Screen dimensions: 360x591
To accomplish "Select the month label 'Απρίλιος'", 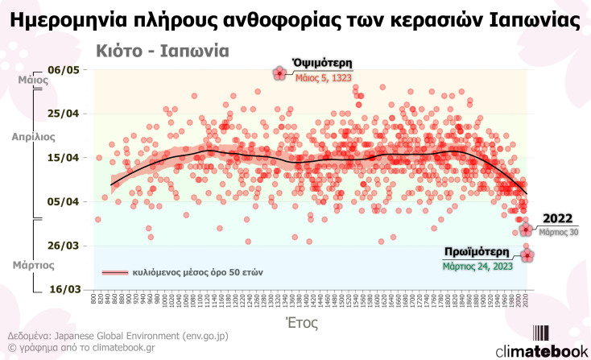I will pyautogui.click(x=33, y=137).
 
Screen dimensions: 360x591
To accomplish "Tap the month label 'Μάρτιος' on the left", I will pyautogui.click(x=33, y=263).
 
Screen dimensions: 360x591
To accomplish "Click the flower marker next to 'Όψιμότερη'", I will pyautogui.click(x=279, y=73).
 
